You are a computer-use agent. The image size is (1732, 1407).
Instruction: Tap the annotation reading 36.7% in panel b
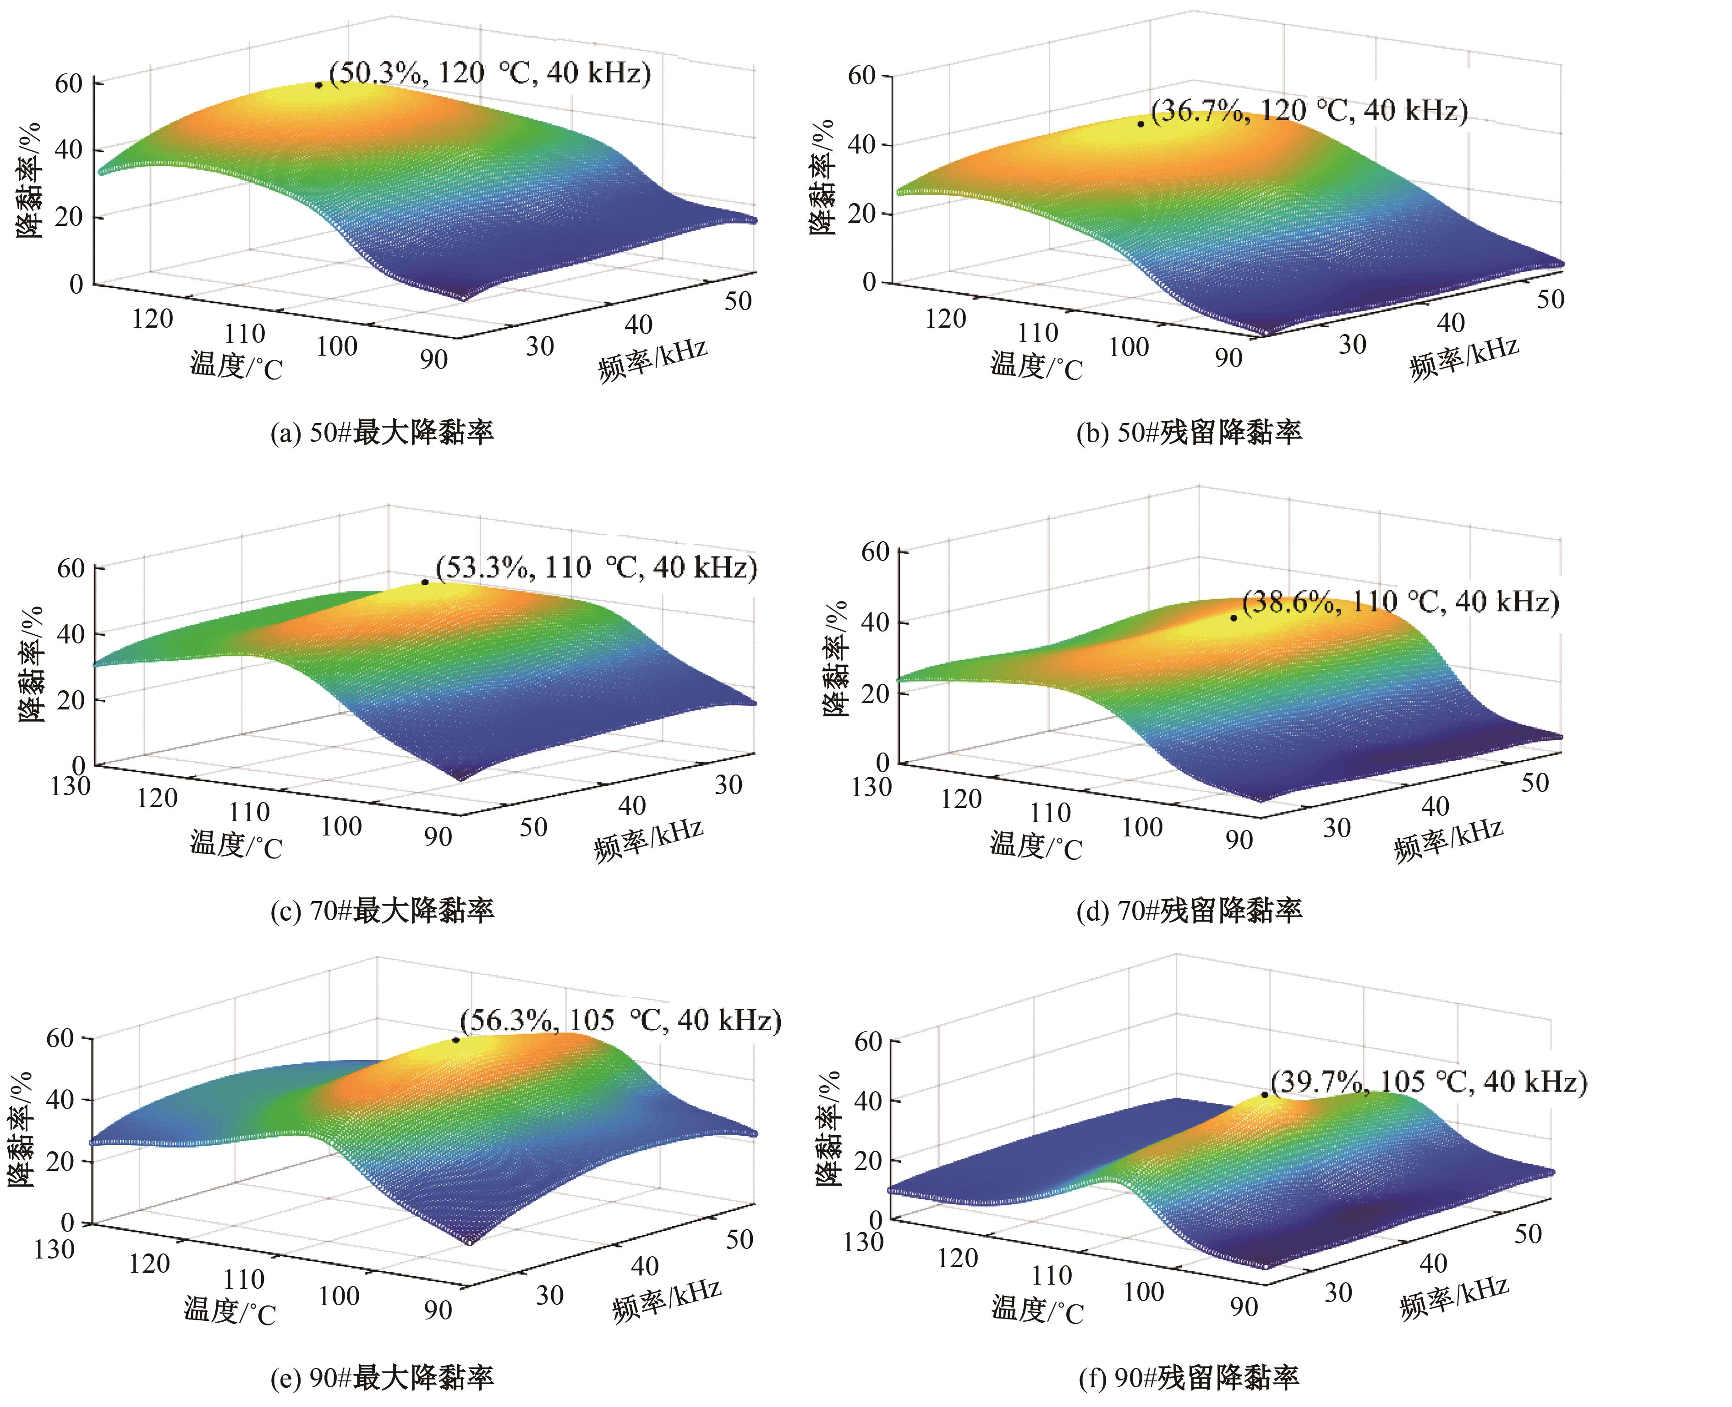pos(1308,110)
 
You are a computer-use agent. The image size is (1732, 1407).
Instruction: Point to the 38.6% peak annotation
pos(1400,602)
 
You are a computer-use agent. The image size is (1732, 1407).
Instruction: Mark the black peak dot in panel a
pos(319,85)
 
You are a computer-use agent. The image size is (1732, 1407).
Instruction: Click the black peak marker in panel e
pos(456,1040)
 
